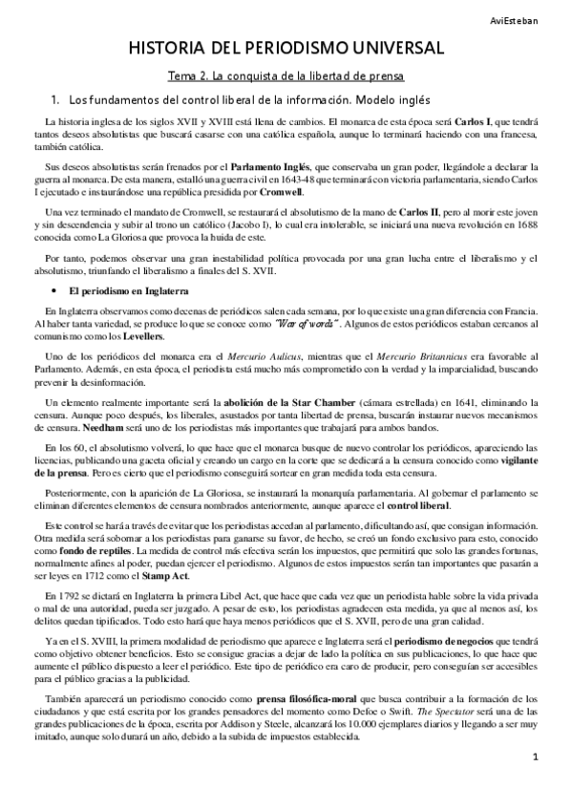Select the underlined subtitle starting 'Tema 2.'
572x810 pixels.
click(286, 75)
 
